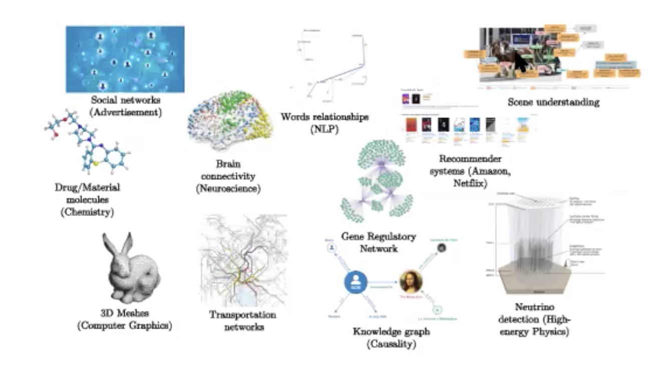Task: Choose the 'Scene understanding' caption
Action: click(553, 102)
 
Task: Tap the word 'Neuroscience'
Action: click(228, 188)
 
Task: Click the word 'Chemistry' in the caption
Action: click(88, 212)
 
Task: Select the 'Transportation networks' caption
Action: click(242, 320)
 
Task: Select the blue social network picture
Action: click(125, 59)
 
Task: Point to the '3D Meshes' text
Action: click(124, 314)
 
